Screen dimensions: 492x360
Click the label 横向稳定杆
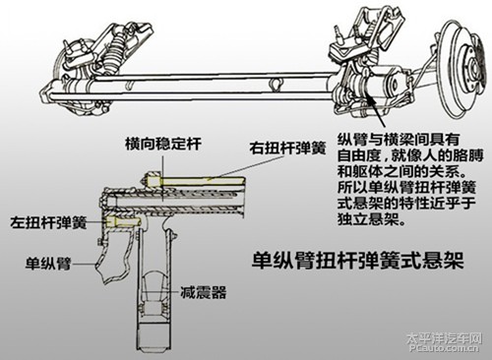point(163,144)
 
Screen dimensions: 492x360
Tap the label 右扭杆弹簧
point(287,148)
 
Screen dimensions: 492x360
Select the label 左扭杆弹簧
point(48,222)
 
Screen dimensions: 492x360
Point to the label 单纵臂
point(48,264)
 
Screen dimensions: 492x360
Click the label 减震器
point(204,291)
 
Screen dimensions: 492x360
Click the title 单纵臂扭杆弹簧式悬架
point(358,260)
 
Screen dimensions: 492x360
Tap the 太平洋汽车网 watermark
point(444,338)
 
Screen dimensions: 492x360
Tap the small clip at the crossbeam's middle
point(275,85)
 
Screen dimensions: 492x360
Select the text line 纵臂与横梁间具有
point(399,140)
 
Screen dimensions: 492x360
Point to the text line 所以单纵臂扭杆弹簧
point(406,188)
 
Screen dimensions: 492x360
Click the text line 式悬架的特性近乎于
point(406,204)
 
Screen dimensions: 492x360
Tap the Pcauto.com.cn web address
point(445,348)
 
